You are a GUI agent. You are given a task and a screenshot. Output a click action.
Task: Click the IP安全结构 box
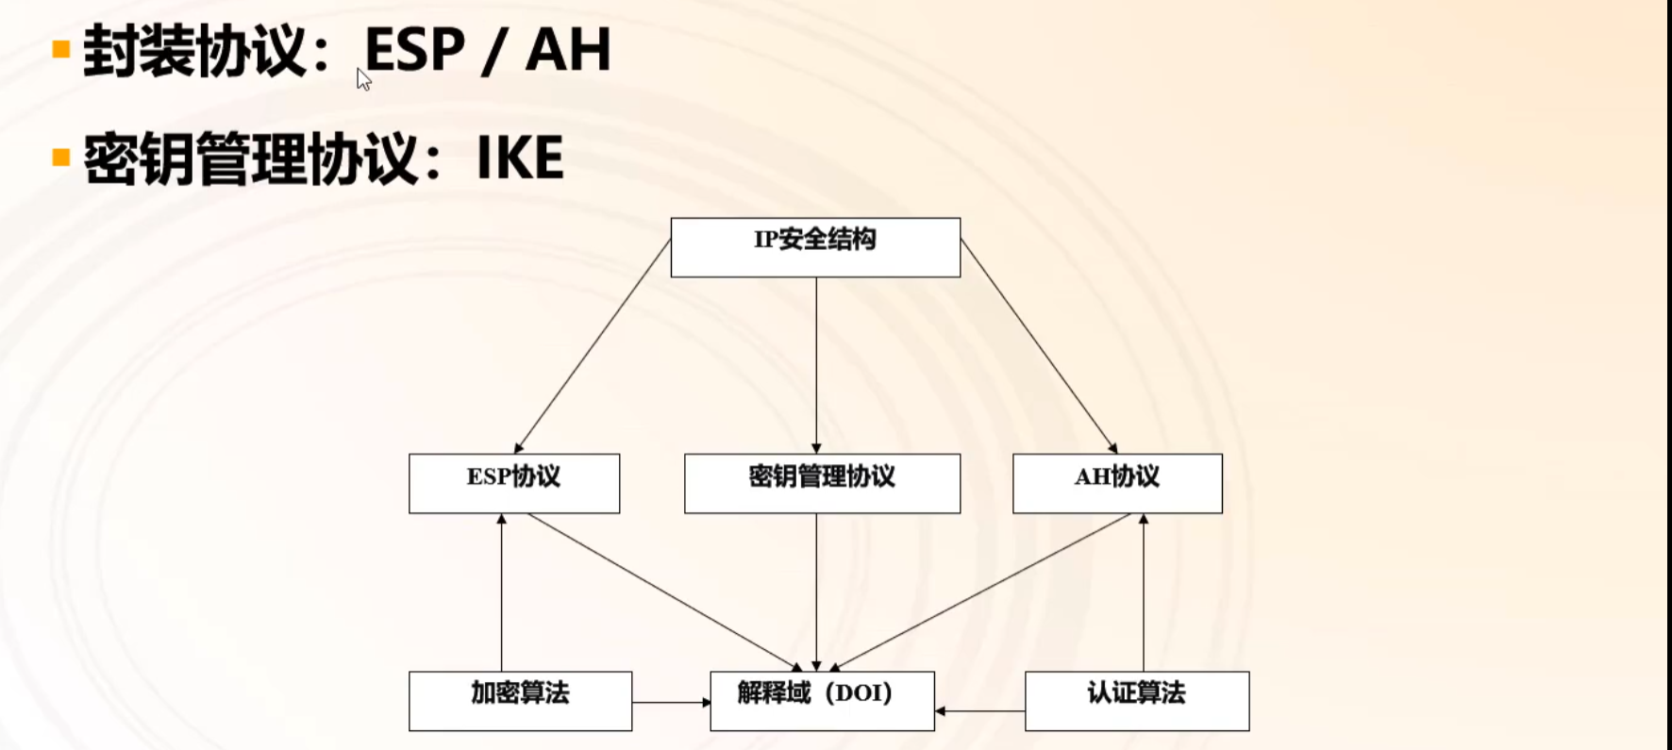[815, 247]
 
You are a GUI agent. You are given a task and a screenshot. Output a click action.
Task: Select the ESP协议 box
[514, 483]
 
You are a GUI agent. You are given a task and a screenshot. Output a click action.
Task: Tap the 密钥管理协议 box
[822, 483]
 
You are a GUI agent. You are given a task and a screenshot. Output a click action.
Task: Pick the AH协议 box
[1117, 483]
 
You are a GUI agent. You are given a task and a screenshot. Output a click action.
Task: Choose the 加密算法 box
[520, 700]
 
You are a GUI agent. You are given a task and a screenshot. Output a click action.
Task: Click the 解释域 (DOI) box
[822, 700]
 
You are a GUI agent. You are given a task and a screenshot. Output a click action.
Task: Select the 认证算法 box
[1137, 700]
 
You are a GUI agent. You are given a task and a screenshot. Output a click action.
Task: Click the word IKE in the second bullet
[520, 158]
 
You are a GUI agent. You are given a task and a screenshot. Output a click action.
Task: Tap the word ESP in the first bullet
[414, 50]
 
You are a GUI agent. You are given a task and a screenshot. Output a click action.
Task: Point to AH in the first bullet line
[568, 50]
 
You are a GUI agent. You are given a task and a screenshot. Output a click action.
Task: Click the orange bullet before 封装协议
[62, 49]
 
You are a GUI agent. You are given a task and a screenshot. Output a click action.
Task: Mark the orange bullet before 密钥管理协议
[62, 157]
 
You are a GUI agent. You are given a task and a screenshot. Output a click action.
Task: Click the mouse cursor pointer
[363, 79]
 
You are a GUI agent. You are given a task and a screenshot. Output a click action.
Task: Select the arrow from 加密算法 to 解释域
[671, 702]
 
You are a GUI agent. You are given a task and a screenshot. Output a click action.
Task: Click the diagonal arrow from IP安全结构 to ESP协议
[593, 346]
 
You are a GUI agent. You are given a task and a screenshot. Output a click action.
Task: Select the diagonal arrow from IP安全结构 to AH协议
[1039, 346]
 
